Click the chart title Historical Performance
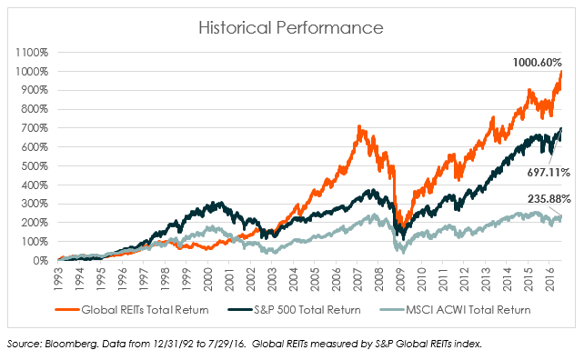point(291,29)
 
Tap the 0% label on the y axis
point(40,260)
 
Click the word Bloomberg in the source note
point(73,343)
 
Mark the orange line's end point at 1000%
point(561,72)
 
